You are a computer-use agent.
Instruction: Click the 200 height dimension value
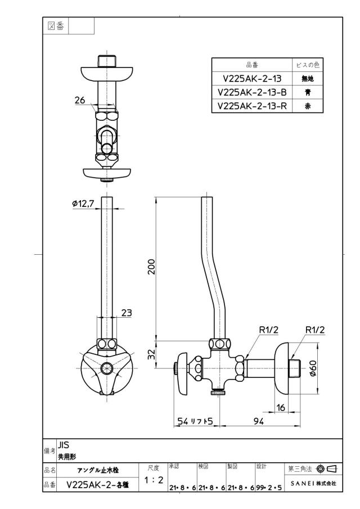(x=152, y=267)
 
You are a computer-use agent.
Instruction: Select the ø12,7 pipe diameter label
(x=83, y=204)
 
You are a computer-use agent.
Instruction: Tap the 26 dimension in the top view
(x=80, y=100)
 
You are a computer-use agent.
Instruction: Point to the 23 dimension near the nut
(x=127, y=313)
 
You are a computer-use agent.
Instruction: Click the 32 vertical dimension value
(x=152, y=354)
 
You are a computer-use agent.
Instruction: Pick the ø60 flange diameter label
(x=313, y=368)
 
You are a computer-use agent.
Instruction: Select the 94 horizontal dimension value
(x=258, y=421)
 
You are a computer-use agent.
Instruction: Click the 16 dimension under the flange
(x=281, y=407)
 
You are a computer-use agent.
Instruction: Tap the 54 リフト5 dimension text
(x=195, y=421)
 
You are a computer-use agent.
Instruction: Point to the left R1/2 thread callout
(x=268, y=330)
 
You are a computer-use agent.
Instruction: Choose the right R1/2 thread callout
(x=315, y=330)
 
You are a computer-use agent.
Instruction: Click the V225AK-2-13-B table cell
(x=252, y=92)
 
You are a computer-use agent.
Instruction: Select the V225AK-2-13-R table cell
(x=252, y=106)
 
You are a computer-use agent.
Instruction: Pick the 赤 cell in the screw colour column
(x=308, y=106)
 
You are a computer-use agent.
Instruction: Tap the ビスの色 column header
(x=308, y=65)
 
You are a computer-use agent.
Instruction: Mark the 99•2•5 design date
(x=269, y=488)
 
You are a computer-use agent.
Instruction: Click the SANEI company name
(x=301, y=483)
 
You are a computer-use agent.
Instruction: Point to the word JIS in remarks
(x=64, y=445)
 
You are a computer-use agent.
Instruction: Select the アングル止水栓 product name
(x=98, y=470)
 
